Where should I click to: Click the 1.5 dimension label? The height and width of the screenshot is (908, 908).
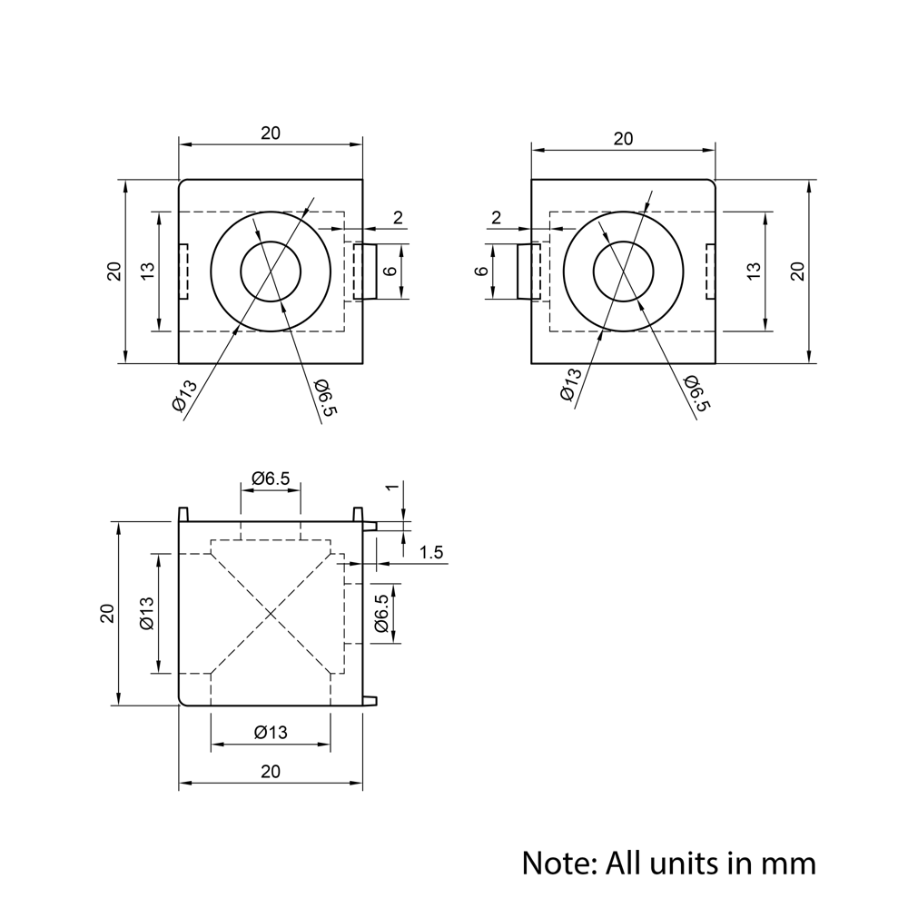coord(431,553)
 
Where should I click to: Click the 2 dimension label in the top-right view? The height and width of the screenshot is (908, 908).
coord(496,217)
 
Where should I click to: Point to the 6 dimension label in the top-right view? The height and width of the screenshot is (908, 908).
coord(483,271)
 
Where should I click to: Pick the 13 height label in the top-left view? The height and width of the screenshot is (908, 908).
coord(148,271)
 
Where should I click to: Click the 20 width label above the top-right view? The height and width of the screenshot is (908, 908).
coord(623,139)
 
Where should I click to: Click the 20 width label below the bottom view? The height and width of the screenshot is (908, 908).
coord(270,772)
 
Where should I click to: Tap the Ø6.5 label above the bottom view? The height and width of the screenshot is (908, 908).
coord(270,478)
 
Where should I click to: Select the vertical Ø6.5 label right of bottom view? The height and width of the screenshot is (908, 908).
coord(381,614)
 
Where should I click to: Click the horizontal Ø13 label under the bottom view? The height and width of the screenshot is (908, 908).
coord(270,732)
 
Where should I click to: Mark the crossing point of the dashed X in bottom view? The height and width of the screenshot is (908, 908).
coord(271,615)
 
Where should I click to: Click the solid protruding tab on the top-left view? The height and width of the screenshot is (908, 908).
coord(365,271)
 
